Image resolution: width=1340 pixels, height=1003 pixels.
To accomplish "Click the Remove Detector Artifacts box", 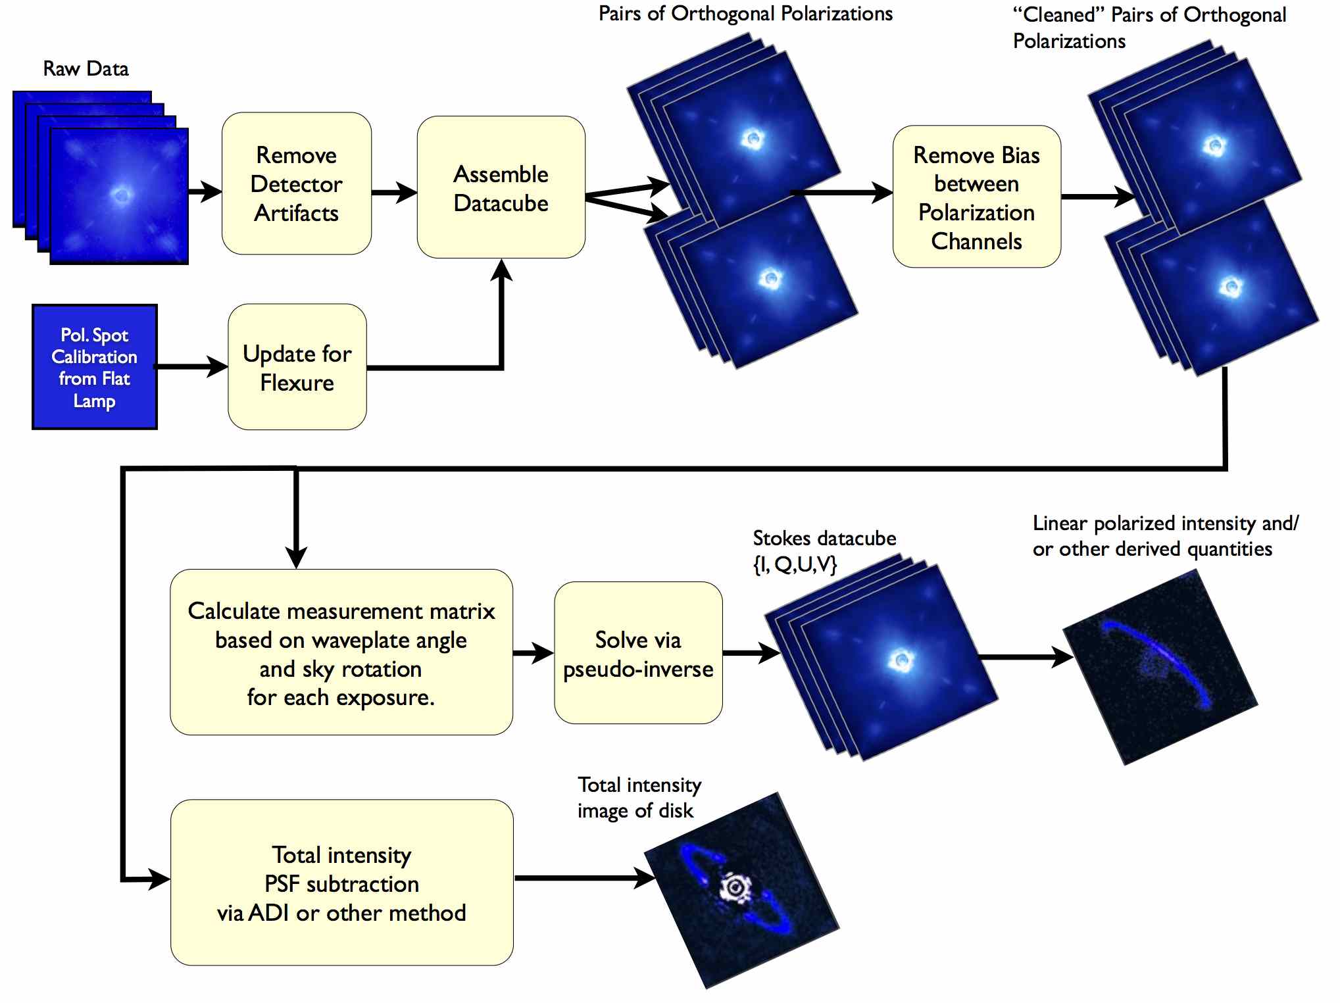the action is pyautogui.click(x=297, y=183).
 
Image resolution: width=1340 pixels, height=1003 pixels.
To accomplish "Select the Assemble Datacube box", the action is pyautogui.click(x=501, y=187).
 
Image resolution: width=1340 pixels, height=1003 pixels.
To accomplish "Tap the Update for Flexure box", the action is pyautogui.click(x=297, y=367).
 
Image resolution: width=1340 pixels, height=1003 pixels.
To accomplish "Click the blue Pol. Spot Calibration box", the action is pyautogui.click(x=95, y=367).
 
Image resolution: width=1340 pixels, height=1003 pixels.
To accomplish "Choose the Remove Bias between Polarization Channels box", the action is pyautogui.click(x=977, y=197).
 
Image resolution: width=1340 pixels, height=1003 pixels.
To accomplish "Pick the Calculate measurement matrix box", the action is pyautogui.click(x=341, y=652).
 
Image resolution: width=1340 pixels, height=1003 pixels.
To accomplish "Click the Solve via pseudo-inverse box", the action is pyautogui.click(x=639, y=653).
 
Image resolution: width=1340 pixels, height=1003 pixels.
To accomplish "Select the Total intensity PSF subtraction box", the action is pyautogui.click(x=342, y=883).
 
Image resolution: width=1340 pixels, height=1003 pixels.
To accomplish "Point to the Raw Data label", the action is pyautogui.click(x=86, y=68).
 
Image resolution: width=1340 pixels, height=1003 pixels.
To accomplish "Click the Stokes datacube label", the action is pyautogui.click(x=824, y=551).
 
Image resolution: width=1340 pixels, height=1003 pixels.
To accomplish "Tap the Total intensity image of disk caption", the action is pyautogui.click(x=639, y=798).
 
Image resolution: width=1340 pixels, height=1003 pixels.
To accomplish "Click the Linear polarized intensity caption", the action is pyautogui.click(x=1165, y=536).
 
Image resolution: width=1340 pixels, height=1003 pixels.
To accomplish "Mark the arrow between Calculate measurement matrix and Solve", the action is pyautogui.click(x=534, y=653).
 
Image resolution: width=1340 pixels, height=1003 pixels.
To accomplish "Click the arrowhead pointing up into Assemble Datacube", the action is pyautogui.click(x=501, y=270).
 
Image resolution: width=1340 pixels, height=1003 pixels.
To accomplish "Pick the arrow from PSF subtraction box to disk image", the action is pyautogui.click(x=585, y=878).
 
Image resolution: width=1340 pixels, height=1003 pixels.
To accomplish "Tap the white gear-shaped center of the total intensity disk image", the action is pyautogui.click(x=735, y=889).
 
